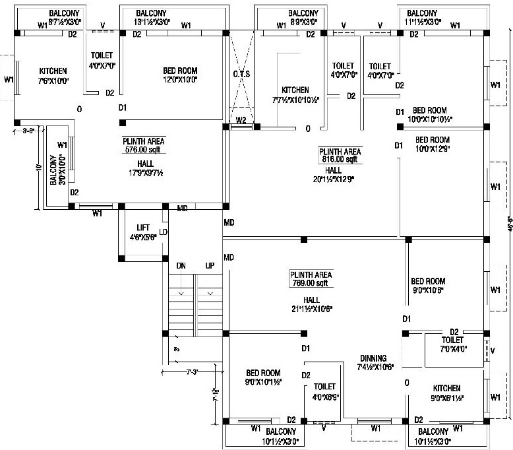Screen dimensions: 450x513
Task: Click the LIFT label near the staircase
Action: pos(143,228)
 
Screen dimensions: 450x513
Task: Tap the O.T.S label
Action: pos(241,74)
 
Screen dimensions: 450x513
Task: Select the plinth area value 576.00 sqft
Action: pos(143,150)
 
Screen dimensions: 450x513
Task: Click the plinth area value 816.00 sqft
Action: pos(340,159)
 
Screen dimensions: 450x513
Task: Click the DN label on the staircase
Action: pos(181,265)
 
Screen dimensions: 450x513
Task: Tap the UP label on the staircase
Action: pos(210,265)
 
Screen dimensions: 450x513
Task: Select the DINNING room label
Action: pos(373,358)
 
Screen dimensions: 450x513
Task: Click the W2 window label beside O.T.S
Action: pos(241,121)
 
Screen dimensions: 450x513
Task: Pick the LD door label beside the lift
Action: pos(164,232)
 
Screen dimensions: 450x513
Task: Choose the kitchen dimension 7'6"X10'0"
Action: pos(53,80)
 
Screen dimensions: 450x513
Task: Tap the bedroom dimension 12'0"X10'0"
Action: pos(180,80)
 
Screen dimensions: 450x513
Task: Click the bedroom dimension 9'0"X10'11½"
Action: pos(264,382)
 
